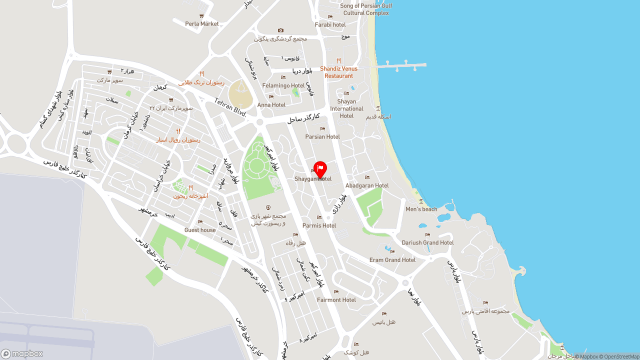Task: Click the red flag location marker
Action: tap(320, 169)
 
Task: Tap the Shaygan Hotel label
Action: tap(313, 179)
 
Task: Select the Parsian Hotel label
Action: tap(322, 136)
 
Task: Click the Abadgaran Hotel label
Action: tap(367, 185)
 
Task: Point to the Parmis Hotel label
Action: tap(319, 225)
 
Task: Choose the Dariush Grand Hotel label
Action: tap(427, 242)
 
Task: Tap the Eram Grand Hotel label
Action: tap(392, 260)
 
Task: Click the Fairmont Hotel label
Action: tap(336, 300)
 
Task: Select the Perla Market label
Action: tap(202, 23)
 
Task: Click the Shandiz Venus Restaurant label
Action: tap(338, 72)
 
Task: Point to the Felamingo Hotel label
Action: tap(283, 85)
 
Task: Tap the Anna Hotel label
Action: tap(271, 105)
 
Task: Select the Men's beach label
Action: tap(421, 209)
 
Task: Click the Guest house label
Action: tap(200, 230)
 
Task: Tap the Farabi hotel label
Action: tap(330, 24)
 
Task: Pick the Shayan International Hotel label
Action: tap(346, 108)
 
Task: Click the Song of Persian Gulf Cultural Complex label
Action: tap(366, 9)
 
